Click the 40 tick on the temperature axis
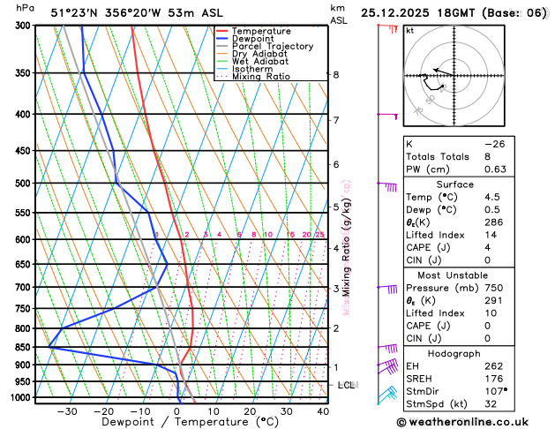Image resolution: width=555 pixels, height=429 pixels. tap(323, 411)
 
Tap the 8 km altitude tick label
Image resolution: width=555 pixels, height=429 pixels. tap(335, 75)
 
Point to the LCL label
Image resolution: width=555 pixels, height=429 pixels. tap(346, 386)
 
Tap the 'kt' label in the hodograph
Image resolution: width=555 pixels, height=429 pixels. tap(409, 30)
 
